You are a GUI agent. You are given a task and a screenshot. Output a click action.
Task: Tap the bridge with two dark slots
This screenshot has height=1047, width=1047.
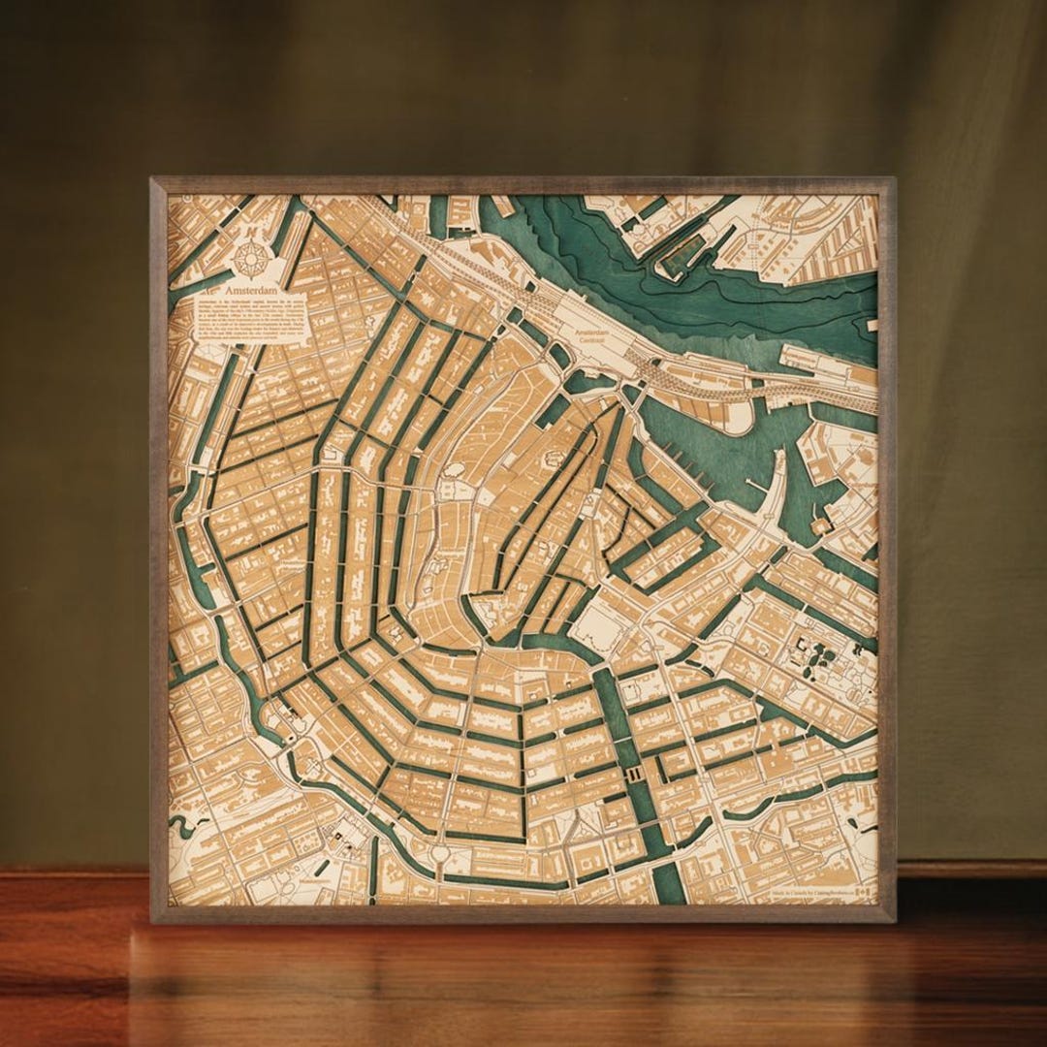click(635, 773)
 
